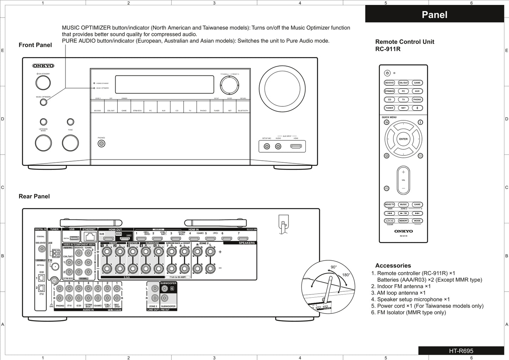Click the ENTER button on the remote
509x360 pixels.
coord(403,139)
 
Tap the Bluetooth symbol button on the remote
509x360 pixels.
coord(417,108)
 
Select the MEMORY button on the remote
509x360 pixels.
coord(403,221)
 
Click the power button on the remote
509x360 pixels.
coord(387,73)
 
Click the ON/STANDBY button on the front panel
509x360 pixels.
coord(43,83)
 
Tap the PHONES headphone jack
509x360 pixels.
coord(101,143)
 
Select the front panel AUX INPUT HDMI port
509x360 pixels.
coord(296,146)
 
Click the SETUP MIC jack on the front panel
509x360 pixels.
coord(267,146)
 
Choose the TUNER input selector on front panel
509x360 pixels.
coord(216,106)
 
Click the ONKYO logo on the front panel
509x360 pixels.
coord(43,66)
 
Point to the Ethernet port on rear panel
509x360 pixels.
coord(89,237)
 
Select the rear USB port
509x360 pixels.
coord(74,238)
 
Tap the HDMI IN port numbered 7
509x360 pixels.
coord(243,238)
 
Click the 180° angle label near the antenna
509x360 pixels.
coord(346,275)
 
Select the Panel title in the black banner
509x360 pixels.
coord(434,15)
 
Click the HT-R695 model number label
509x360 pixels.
coord(461,351)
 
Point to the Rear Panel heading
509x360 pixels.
coord(34,197)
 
